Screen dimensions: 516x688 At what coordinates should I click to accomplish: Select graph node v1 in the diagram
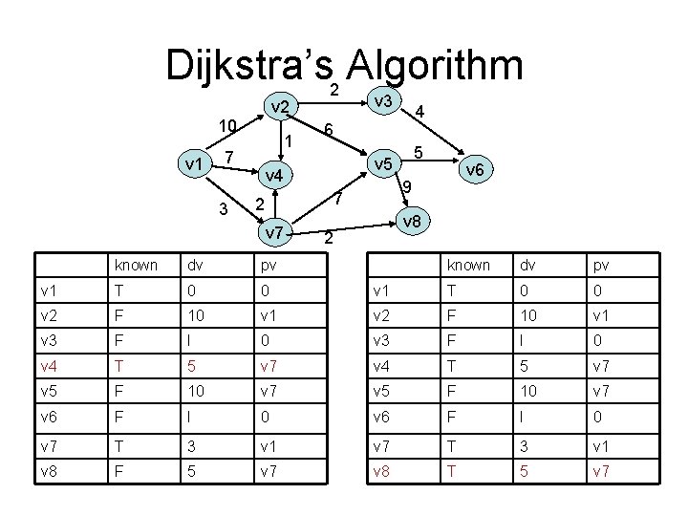[195, 163]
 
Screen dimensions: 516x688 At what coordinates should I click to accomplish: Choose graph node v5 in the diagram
[384, 164]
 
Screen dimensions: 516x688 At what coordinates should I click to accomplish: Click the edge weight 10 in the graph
[226, 125]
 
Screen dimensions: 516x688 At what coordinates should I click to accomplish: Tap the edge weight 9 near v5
[407, 186]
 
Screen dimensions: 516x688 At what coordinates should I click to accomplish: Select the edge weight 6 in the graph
[327, 130]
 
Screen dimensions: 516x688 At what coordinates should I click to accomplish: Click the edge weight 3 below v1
[223, 209]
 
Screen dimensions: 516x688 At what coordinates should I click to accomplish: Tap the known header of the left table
[135, 265]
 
